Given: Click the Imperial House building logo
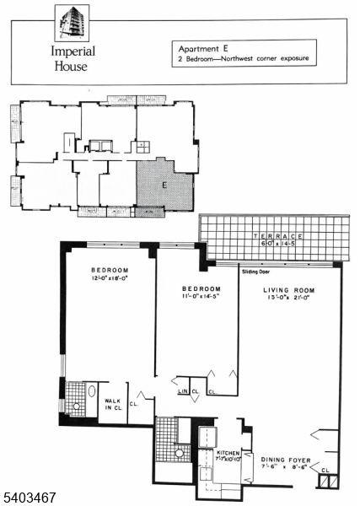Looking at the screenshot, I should point(70,24).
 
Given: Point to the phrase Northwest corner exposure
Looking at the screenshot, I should point(266,59).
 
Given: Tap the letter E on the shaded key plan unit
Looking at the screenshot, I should point(164,183).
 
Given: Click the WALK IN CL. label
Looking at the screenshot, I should point(114,403).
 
